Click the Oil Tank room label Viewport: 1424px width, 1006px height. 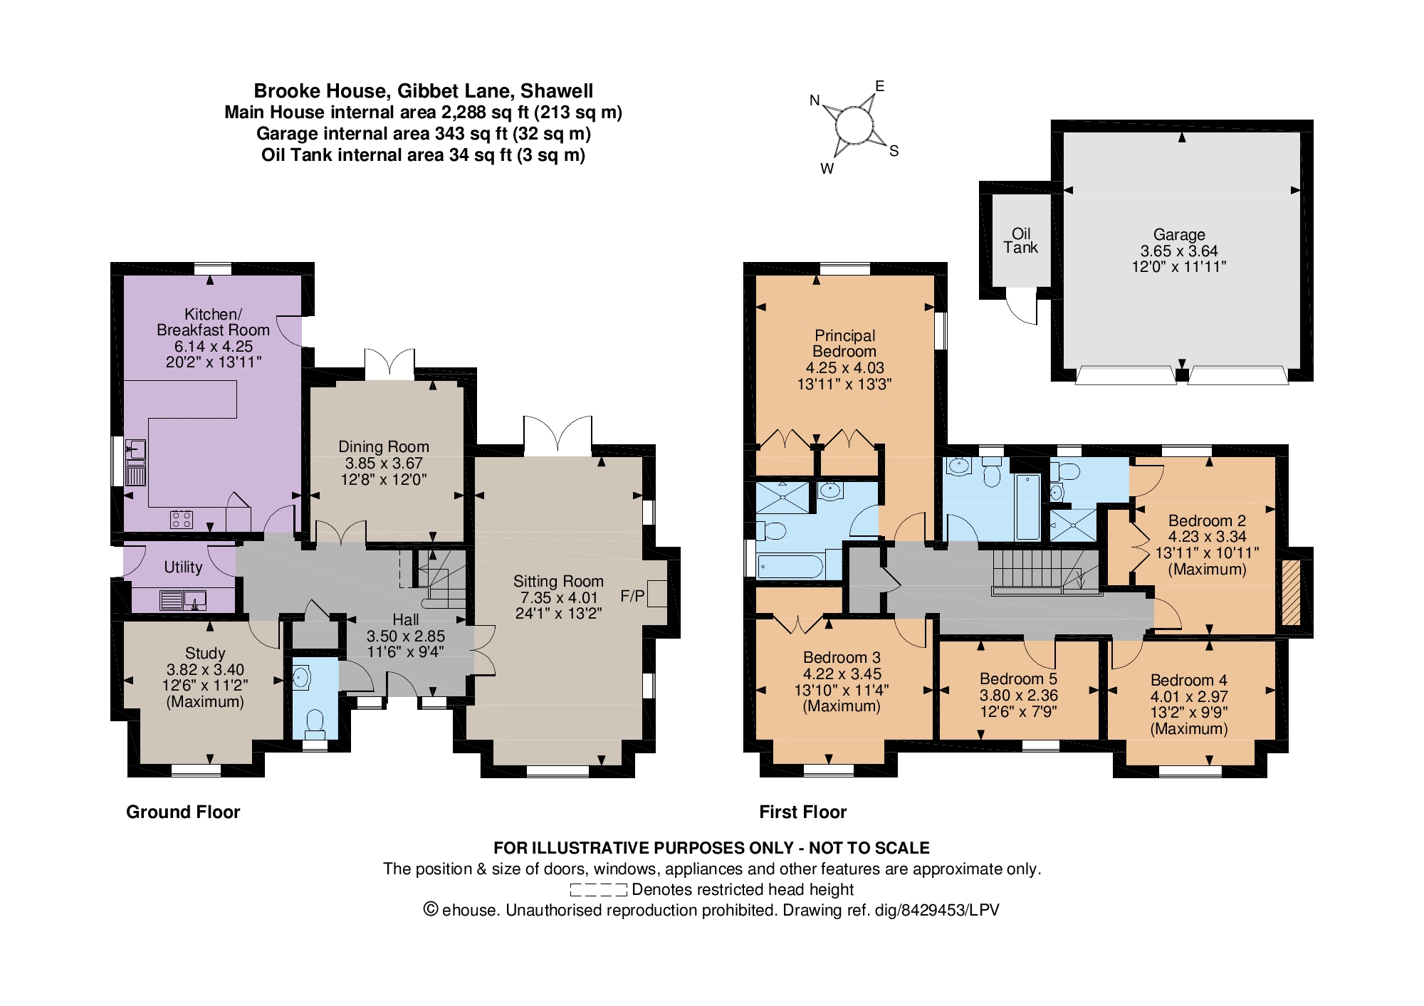coord(1021,241)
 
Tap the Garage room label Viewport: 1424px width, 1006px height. coord(1179,234)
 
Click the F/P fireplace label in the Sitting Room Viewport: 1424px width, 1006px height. coord(632,596)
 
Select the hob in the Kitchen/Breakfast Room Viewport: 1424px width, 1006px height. coord(182,519)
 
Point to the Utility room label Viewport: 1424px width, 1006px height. coord(183,567)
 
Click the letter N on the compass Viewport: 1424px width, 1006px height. coord(815,100)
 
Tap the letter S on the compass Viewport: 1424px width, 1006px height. coord(894,151)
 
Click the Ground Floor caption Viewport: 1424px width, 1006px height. coord(183,812)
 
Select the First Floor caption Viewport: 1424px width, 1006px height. coord(803,812)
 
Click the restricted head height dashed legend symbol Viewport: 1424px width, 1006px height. coord(598,889)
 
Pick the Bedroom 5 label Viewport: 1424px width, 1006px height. coord(1018,678)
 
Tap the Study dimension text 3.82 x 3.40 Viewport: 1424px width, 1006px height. coord(205,669)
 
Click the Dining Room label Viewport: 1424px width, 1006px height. coord(384,446)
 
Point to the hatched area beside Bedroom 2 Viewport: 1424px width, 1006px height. coord(1291,593)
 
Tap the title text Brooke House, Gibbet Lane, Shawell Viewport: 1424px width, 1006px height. coord(424,90)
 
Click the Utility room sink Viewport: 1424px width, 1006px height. coord(194,600)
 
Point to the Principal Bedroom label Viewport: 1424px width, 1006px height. coord(844,343)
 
